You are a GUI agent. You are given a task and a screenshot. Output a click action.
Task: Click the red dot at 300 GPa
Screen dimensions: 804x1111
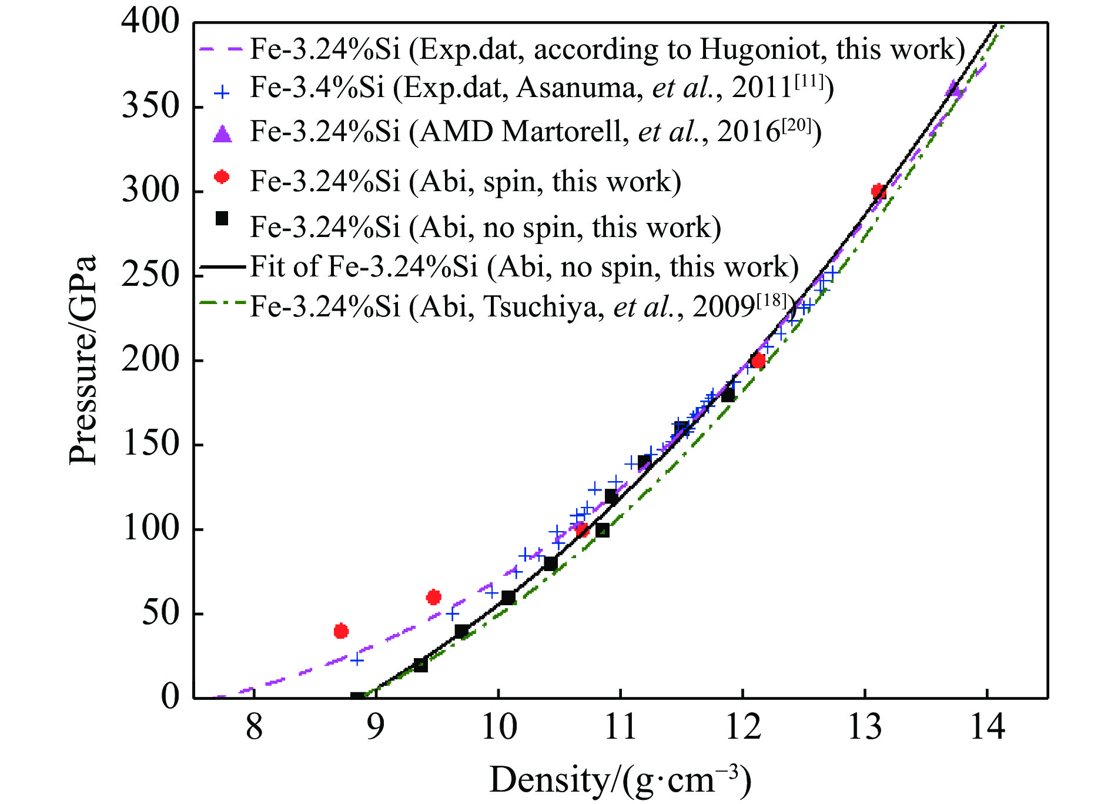click(x=878, y=191)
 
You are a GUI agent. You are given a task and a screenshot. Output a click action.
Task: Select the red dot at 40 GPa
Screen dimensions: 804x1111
click(x=341, y=631)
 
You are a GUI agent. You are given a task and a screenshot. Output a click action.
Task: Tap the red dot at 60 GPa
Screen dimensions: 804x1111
click(x=434, y=598)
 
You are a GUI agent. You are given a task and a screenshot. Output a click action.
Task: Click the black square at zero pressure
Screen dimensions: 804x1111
click(x=357, y=698)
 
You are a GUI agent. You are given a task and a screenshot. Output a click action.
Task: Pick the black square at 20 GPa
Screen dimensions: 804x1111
click(x=420, y=665)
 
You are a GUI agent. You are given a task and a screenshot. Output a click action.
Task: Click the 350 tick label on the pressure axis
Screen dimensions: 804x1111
click(x=150, y=107)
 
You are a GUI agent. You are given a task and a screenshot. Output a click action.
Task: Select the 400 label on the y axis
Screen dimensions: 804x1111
click(x=150, y=22)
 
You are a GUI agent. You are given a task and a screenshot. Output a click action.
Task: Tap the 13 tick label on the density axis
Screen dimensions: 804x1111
click(x=865, y=727)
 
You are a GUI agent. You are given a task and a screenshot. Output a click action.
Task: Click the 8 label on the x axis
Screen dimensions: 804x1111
click(x=254, y=727)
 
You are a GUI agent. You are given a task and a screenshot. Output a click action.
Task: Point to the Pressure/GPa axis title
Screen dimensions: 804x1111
click(x=82, y=360)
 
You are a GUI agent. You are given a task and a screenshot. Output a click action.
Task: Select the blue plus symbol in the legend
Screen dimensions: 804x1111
click(x=222, y=92)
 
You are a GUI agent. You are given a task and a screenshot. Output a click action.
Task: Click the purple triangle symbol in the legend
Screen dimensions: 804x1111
click(x=222, y=134)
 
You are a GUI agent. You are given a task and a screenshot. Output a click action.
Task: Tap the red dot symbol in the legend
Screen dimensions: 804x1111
click(x=222, y=176)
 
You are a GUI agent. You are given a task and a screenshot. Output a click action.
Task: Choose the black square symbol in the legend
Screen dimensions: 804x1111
click(x=222, y=219)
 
